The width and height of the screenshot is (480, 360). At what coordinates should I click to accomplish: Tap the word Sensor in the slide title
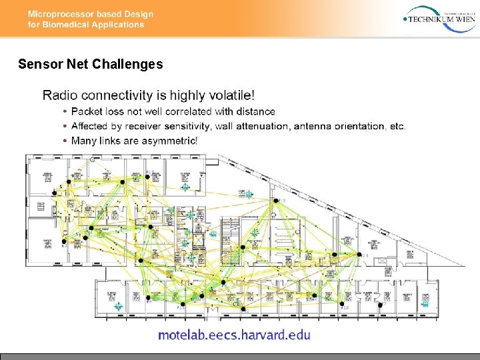pyautogui.click(x=37, y=65)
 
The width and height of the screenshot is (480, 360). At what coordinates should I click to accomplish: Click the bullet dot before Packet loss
pyautogui.click(x=65, y=111)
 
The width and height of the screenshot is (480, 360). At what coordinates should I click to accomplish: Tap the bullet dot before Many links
pyautogui.click(x=65, y=141)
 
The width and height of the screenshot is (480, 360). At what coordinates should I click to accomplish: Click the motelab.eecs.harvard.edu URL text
pyautogui.click(x=234, y=335)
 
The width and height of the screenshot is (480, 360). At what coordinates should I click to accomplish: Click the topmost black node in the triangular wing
pyautogui.click(x=273, y=200)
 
